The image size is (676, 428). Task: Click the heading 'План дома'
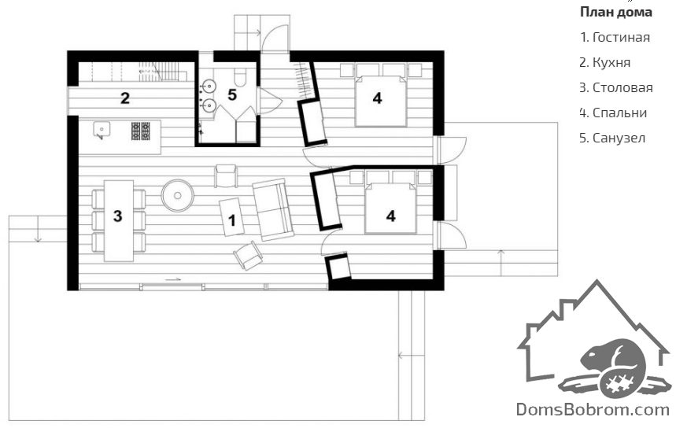[x=615, y=13]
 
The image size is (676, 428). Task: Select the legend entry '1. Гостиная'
[x=615, y=38]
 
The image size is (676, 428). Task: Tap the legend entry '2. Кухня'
[x=605, y=62]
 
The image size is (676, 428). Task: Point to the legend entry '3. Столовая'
[x=616, y=88]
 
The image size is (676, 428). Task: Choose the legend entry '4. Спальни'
[x=613, y=113]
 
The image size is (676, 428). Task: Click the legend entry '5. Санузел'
[x=612, y=138]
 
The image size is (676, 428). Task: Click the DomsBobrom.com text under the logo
[x=593, y=409]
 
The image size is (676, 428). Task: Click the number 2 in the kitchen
[x=125, y=98]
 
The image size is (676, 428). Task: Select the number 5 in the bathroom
[x=232, y=95]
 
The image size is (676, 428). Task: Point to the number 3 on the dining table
[x=118, y=216]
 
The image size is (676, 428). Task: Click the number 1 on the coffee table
[x=232, y=220]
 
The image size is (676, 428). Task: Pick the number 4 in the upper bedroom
[x=377, y=98]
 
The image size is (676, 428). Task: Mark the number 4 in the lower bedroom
[x=390, y=216]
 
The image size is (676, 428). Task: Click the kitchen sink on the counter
[x=102, y=130]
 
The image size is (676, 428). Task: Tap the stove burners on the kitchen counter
[x=141, y=131]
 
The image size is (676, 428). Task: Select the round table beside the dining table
[x=178, y=196]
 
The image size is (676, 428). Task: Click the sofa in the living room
[x=272, y=209]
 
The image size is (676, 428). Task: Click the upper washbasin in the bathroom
[x=209, y=87]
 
